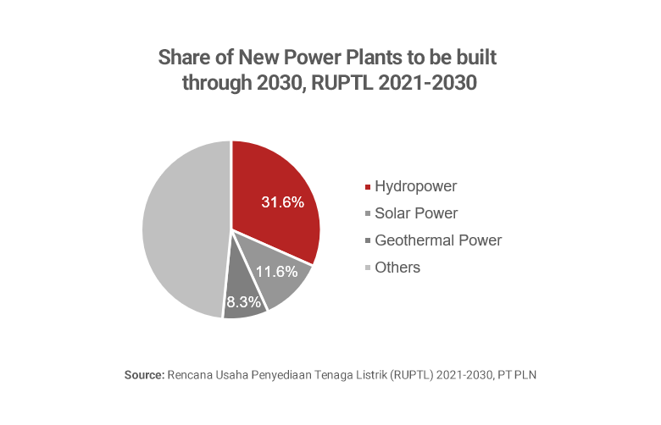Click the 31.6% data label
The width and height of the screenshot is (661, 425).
(x=282, y=203)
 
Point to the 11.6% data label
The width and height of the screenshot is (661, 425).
(x=277, y=272)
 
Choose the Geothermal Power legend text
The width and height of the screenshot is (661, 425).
(x=438, y=240)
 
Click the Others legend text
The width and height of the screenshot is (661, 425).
(x=397, y=268)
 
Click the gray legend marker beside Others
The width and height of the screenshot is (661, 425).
(x=367, y=268)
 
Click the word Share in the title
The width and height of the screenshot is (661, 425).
(x=183, y=58)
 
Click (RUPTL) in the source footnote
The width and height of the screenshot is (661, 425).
(x=413, y=374)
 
